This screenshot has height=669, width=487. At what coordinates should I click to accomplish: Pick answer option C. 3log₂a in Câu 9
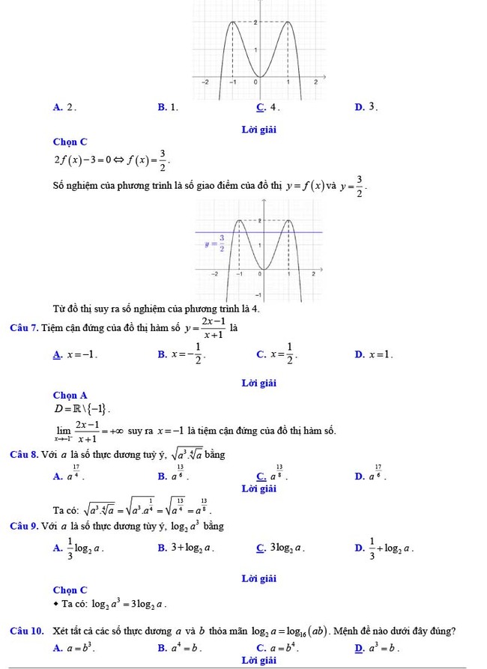pyautogui.click(x=281, y=548)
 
